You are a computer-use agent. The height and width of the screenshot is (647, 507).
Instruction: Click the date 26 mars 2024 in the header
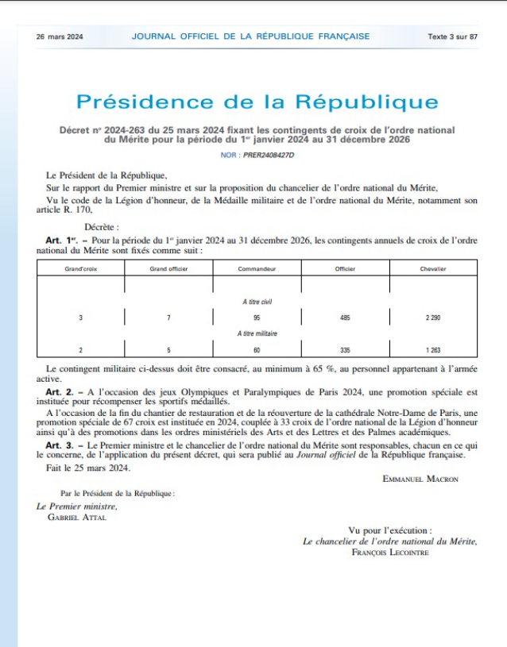click(x=60, y=37)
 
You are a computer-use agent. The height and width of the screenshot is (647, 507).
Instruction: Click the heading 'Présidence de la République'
click(x=257, y=102)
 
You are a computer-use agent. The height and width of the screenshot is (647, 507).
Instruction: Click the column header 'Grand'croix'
click(x=81, y=269)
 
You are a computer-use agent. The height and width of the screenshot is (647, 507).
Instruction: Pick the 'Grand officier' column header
click(x=168, y=269)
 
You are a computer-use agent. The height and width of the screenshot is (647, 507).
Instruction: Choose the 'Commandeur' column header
click(x=257, y=269)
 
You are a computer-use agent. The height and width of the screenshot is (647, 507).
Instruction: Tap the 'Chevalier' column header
click(x=432, y=269)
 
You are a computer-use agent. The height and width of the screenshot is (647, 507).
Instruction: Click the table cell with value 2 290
click(x=432, y=318)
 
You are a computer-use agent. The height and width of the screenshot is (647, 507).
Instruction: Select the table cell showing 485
click(x=345, y=318)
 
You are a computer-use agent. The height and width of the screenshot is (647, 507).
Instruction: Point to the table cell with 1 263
click(x=432, y=349)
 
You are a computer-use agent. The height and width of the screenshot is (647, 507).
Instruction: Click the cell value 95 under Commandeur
click(x=257, y=318)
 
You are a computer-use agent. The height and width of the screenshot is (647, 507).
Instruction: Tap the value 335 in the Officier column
click(x=345, y=349)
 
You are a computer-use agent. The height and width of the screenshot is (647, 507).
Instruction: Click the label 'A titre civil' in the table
click(x=257, y=302)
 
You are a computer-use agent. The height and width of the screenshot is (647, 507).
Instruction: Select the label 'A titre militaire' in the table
click(x=257, y=333)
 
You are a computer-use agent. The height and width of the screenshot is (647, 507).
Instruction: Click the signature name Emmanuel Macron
click(x=420, y=479)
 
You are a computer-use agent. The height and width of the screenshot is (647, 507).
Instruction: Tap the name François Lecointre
click(x=389, y=552)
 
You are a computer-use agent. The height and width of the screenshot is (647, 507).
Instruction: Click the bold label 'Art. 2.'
click(x=59, y=392)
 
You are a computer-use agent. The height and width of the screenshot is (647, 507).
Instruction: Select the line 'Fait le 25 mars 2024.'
click(x=88, y=467)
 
